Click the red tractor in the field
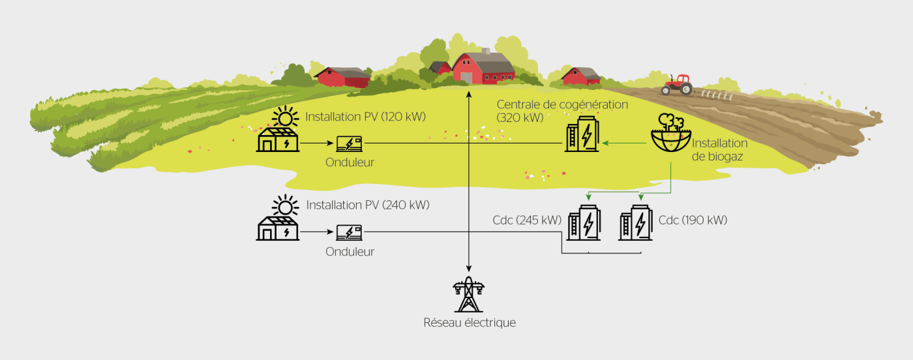(x=678, y=84)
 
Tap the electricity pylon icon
(x=469, y=295)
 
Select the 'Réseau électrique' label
(x=470, y=323)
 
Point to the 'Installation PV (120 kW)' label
(x=365, y=117)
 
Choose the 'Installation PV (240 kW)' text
(x=367, y=205)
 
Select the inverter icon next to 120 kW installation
(x=350, y=143)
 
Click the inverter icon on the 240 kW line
(x=350, y=232)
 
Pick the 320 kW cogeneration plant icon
(x=582, y=135)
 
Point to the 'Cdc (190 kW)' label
(x=693, y=220)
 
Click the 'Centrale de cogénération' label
(x=562, y=104)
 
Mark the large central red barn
(x=483, y=68)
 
